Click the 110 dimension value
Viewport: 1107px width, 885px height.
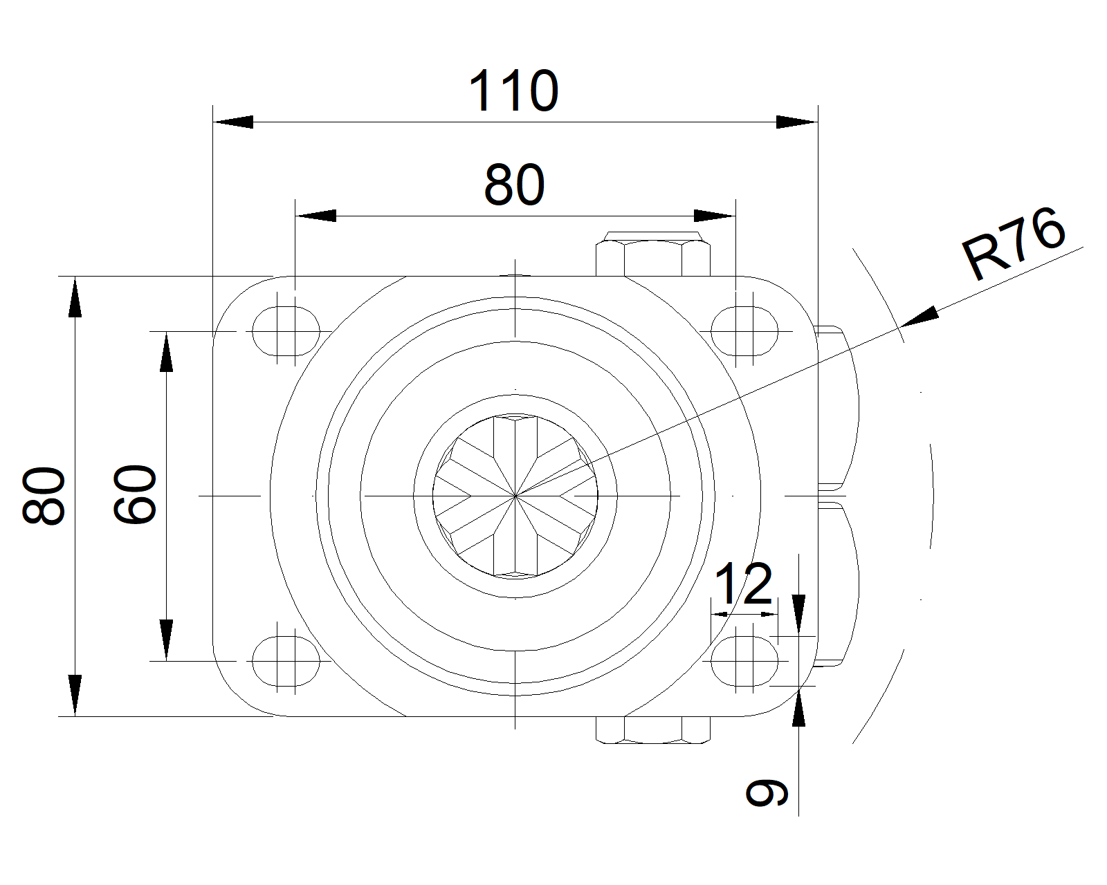(513, 91)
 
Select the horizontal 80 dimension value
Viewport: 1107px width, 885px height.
(514, 185)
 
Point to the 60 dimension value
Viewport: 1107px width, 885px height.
(136, 495)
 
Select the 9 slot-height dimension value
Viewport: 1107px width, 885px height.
(767, 793)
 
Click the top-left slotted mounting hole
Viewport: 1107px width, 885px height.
(286, 331)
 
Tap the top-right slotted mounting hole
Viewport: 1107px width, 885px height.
(744, 331)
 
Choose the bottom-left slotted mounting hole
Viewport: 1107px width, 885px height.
(286, 661)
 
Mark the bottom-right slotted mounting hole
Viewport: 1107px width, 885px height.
(744, 661)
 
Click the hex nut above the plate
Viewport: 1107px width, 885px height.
(653, 254)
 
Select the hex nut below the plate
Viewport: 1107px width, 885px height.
(653, 730)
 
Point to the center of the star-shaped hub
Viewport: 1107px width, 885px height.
(515, 496)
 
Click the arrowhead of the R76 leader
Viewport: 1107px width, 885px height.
(920, 317)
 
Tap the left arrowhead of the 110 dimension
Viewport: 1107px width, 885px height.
(233, 122)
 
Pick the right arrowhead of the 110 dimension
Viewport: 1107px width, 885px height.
(796, 122)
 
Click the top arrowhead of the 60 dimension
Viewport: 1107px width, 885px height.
(166, 353)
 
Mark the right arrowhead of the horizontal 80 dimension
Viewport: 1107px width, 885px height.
(714, 216)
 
